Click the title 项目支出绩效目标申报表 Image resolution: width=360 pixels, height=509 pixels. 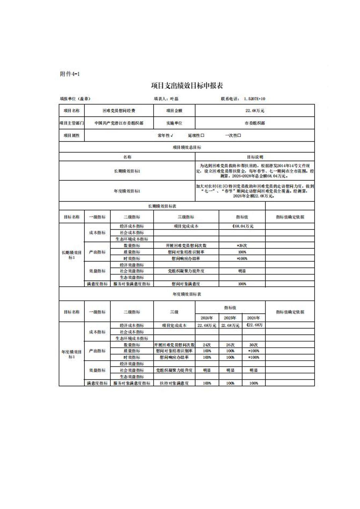click(x=187, y=86)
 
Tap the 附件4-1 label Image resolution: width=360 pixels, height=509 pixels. click(x=70, y=74)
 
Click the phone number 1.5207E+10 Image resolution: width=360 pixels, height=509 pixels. click(x=254, y=99)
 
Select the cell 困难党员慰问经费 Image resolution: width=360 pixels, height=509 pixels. click(x=119, y=111)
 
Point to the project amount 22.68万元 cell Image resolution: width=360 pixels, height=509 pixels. click(x=255, y=111)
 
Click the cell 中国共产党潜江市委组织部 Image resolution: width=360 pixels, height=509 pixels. click(x=119, y=123)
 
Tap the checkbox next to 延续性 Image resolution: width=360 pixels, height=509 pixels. click(x=202, y=136)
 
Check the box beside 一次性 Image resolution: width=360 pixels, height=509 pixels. click(x=239, y=136)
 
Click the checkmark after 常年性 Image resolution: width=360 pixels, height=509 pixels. click(x=172, y=136)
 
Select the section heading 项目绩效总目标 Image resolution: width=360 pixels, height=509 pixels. click(x=187, y=147)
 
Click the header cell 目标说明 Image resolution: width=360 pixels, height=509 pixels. click(x=255, y=157)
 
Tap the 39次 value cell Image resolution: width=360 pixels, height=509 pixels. click(x=242, y=245)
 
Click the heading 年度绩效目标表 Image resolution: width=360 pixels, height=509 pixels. click(x=187, y=294)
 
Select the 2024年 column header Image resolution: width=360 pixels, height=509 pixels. click(x=207, y=318)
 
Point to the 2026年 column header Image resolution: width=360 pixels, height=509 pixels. click(x=253, y=318)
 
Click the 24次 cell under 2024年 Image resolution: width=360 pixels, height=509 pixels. click(x=207, y=345)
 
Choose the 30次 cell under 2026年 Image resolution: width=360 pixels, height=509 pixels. click(x=253, y=345)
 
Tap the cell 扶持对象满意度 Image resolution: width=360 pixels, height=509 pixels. click(x=174, y=383)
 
